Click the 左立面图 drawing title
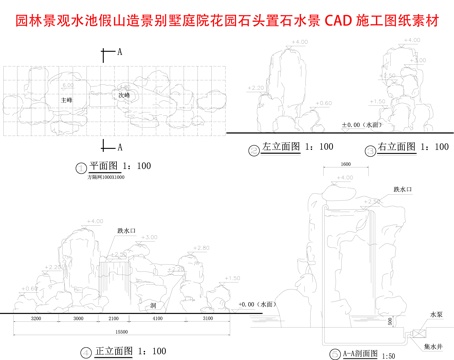283,147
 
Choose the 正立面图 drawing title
115,351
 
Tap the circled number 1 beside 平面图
81,166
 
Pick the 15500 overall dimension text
120,330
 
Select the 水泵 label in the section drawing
435,314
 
